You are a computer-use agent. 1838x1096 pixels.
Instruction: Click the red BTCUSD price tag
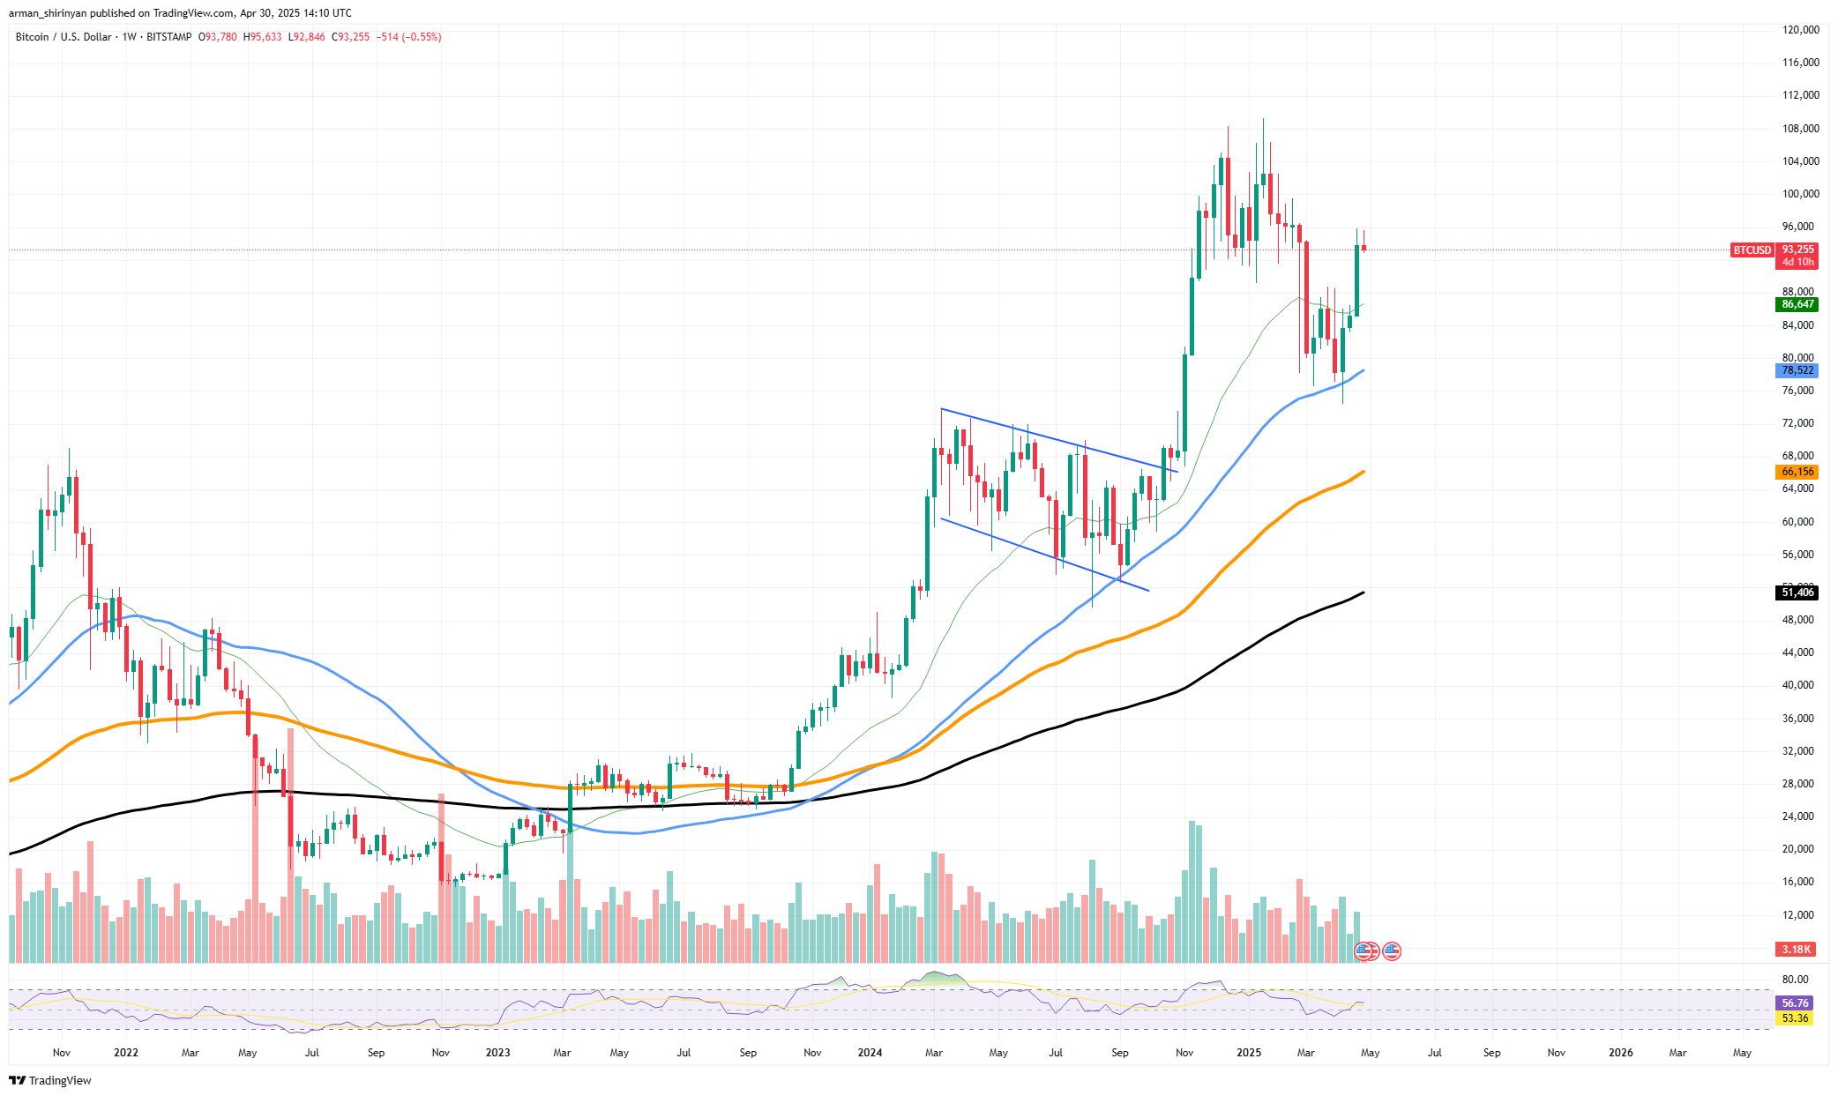1752,250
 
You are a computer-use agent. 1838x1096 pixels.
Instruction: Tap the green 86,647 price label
1797,304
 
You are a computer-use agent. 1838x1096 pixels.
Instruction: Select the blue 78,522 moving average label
1797,370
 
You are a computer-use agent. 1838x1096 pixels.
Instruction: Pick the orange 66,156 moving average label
1797,472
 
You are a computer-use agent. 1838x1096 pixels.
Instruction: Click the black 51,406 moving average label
1797,593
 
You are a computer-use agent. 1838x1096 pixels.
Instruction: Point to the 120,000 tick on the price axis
1800,30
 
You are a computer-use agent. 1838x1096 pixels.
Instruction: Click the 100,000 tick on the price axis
1800,194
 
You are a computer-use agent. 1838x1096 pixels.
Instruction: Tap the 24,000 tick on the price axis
1800,816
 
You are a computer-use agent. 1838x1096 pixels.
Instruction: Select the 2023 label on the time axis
497,1052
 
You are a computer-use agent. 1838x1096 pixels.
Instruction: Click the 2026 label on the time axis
1620,1052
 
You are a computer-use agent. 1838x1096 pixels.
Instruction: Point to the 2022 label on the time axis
126,1052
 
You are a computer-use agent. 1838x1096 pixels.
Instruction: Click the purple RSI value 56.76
1795,1003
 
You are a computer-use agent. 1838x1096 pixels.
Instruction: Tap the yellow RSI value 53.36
1795,1018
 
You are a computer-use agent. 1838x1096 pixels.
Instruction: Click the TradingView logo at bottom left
50,1080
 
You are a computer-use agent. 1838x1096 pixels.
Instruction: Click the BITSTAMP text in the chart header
168,37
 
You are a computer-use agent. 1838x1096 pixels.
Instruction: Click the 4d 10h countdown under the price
1797,262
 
